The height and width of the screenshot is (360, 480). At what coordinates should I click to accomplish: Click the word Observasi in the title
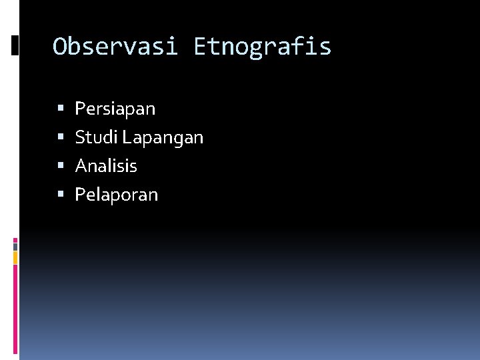click(x=115, y=47)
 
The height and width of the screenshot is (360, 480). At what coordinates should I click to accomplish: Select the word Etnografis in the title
click(x=262, y=47)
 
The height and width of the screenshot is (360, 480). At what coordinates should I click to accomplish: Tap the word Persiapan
click(x=115, y=109)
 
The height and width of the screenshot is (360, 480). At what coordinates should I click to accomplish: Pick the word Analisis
click(x=106, y=166)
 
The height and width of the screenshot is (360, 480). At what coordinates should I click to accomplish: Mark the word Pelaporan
click(x=117, y=195)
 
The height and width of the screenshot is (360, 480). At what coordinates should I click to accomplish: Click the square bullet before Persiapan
click(x=61, y=108)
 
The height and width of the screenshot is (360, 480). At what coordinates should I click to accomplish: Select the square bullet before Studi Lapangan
click(x=61, y=137)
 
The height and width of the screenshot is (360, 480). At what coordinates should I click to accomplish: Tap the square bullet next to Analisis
click(x=61, y=166)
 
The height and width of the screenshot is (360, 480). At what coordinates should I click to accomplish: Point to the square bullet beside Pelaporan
click(x=61, y=195)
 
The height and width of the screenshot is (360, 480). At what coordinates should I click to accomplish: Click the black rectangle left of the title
click(x=15, y=45)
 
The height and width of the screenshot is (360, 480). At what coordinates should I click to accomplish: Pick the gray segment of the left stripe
click(x=15, y=247)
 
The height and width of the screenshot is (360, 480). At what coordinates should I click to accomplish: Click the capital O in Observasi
click(x=60, y=47)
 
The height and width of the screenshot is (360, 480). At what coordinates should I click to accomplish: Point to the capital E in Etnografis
click(x=200, y=47)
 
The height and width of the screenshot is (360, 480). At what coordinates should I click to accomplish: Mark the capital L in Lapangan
click(x=127, y=138)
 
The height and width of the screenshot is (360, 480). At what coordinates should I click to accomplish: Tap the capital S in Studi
click(x=80, y=138)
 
